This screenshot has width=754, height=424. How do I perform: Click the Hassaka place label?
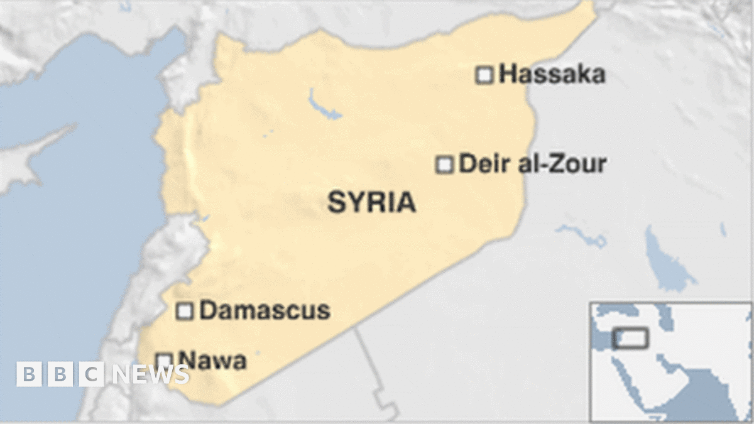552,75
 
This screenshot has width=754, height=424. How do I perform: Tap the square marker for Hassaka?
484,75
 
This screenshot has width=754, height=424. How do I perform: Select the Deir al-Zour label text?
532,165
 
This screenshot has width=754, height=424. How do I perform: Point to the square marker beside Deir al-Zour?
445,165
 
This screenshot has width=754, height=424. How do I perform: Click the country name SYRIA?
371,202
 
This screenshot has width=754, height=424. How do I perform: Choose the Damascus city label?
265,310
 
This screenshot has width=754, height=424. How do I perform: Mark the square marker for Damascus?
185,311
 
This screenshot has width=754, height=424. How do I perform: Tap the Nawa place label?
212,361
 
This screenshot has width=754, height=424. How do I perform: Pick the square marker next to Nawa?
164,361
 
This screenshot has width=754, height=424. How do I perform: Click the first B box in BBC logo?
28,374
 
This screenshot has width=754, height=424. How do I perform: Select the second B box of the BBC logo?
60,374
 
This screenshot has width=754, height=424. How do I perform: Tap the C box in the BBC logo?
91,374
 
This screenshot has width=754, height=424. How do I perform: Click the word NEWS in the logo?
151,374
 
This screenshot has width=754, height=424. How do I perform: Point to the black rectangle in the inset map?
631,338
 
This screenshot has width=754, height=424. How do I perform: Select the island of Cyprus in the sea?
25,160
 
